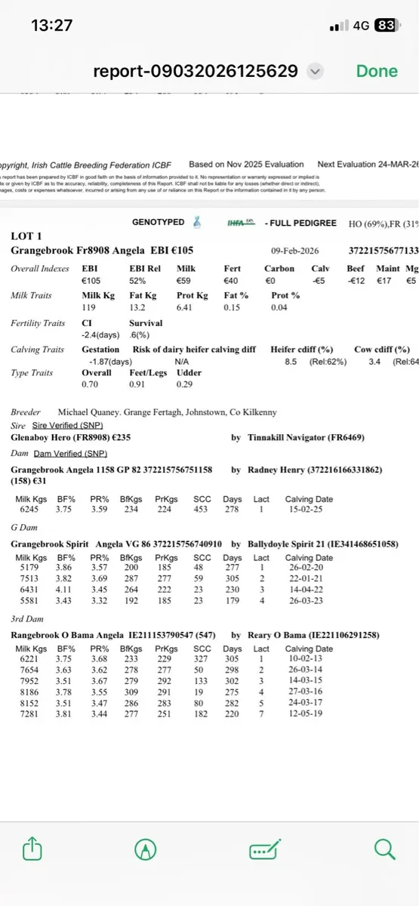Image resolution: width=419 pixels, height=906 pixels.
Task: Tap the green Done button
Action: pyautogui.click(x=376, y=71)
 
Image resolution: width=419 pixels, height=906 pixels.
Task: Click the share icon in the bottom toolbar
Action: pyautogui.click(x=32, y=850)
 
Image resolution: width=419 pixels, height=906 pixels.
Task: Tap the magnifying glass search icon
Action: pyautogui.click(x=385, y=849)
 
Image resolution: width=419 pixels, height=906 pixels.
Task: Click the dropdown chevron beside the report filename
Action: pyautogui.click(x=316, y=72)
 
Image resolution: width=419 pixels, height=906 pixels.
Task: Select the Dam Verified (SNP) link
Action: pyautogui.click(x=70, y=453)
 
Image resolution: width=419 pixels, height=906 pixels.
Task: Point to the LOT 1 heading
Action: pyautogui.click(x=27, y=236)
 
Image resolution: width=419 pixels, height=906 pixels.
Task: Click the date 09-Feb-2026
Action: pyautogui.click(x=296, y=251)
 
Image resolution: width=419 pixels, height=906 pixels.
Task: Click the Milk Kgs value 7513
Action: pyautogui.click(x=29, y=579)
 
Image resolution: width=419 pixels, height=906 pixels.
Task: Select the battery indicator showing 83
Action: pyautogui.click(x=384, y=25)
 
